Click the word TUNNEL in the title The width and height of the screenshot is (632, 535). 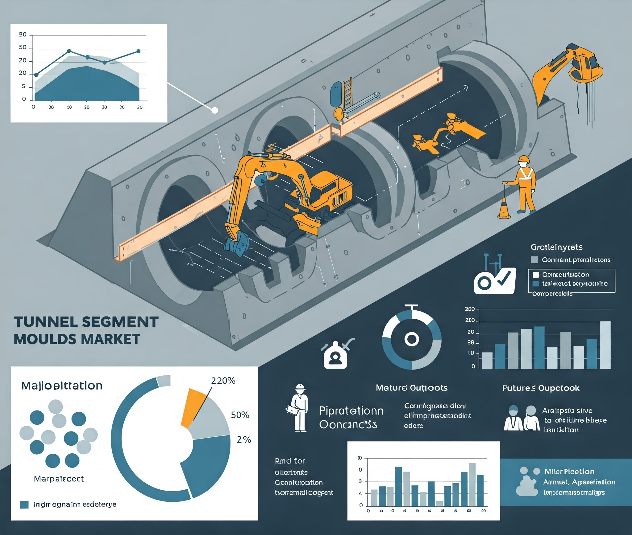coord(42,322)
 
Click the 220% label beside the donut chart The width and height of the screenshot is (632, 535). coord(223,381)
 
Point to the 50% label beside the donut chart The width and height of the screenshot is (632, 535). coord(240,415)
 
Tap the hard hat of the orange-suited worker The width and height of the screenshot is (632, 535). coord(523,159)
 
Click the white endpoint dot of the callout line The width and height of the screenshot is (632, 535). coord(214,110)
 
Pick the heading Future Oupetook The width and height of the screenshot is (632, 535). coord(541,388)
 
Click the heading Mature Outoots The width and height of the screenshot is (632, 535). coord(411,388)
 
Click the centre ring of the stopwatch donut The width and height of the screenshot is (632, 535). coord(411,339)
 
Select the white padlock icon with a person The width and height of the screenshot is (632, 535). coord(335,357)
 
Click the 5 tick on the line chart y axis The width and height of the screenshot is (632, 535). coord(23,87)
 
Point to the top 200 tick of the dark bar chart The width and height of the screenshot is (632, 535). coord(470,309)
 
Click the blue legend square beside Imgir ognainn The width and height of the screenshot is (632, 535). coord(24,504)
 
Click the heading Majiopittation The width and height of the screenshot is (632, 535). coord(62,386)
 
